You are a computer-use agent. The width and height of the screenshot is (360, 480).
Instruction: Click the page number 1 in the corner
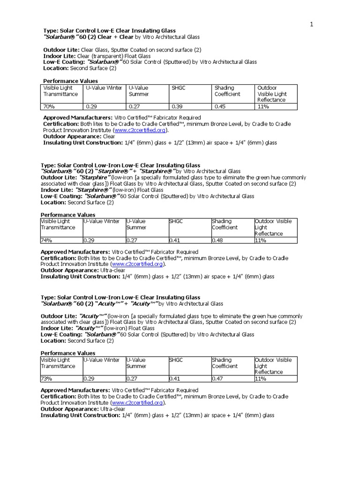pos(311,25)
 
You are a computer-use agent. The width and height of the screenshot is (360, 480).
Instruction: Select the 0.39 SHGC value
pos(178,107)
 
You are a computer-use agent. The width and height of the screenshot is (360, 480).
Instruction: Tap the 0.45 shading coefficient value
pos(220,107)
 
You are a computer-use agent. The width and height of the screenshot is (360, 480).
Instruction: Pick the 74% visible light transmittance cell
pos(46,240)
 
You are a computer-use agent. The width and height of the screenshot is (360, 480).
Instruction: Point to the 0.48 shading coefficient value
pos(218,240)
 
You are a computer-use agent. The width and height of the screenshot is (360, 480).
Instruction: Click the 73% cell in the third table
pos(46,378)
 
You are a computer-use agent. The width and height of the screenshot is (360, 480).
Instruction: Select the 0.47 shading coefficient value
pos(218,378)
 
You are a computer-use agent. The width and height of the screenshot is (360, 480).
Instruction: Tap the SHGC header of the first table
pos(178,88)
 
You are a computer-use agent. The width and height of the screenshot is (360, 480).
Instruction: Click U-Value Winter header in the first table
pos(104,88)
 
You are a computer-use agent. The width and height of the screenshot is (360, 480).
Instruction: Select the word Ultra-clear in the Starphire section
pos(112,270)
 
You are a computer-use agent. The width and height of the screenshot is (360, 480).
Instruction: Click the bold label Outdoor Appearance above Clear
pos(72,136)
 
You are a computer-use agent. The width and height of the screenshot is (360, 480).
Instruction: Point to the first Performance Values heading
pos(70,81)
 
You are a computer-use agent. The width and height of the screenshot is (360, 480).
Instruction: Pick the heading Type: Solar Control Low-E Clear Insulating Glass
pos(110,30)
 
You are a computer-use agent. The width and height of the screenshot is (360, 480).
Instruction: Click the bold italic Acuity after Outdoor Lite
pos(93,316)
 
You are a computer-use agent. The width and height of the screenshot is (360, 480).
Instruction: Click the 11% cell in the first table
pos(262,107)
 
